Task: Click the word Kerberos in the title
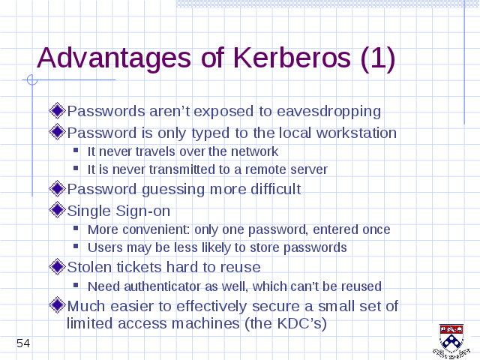[292, 58]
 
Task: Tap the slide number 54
[23, 343]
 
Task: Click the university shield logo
[451, 340]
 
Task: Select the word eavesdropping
[328, 112]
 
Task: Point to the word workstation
[356, 133]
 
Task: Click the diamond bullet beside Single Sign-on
[57, 210]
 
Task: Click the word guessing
[173, 190]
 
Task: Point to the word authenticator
[162, 286]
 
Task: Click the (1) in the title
[378, 58]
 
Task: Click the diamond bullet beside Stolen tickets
[57, 266]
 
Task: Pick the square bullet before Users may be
[76, 246]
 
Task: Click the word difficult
[276, 189]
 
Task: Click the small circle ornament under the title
[31, 80]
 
